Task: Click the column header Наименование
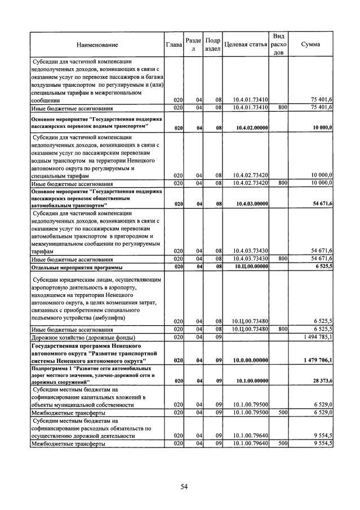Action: pos(97,44)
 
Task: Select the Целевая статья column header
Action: pos(245,44)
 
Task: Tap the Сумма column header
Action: pos(312,44)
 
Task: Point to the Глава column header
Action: pos(174,44)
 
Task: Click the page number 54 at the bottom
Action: pos(184,487)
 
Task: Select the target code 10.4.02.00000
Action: pos(251,128)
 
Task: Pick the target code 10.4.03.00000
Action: pos(251,203)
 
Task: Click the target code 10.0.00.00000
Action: pos(251,360)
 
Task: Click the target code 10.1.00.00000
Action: pos(251,382)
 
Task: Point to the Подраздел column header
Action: pos(212,44)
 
